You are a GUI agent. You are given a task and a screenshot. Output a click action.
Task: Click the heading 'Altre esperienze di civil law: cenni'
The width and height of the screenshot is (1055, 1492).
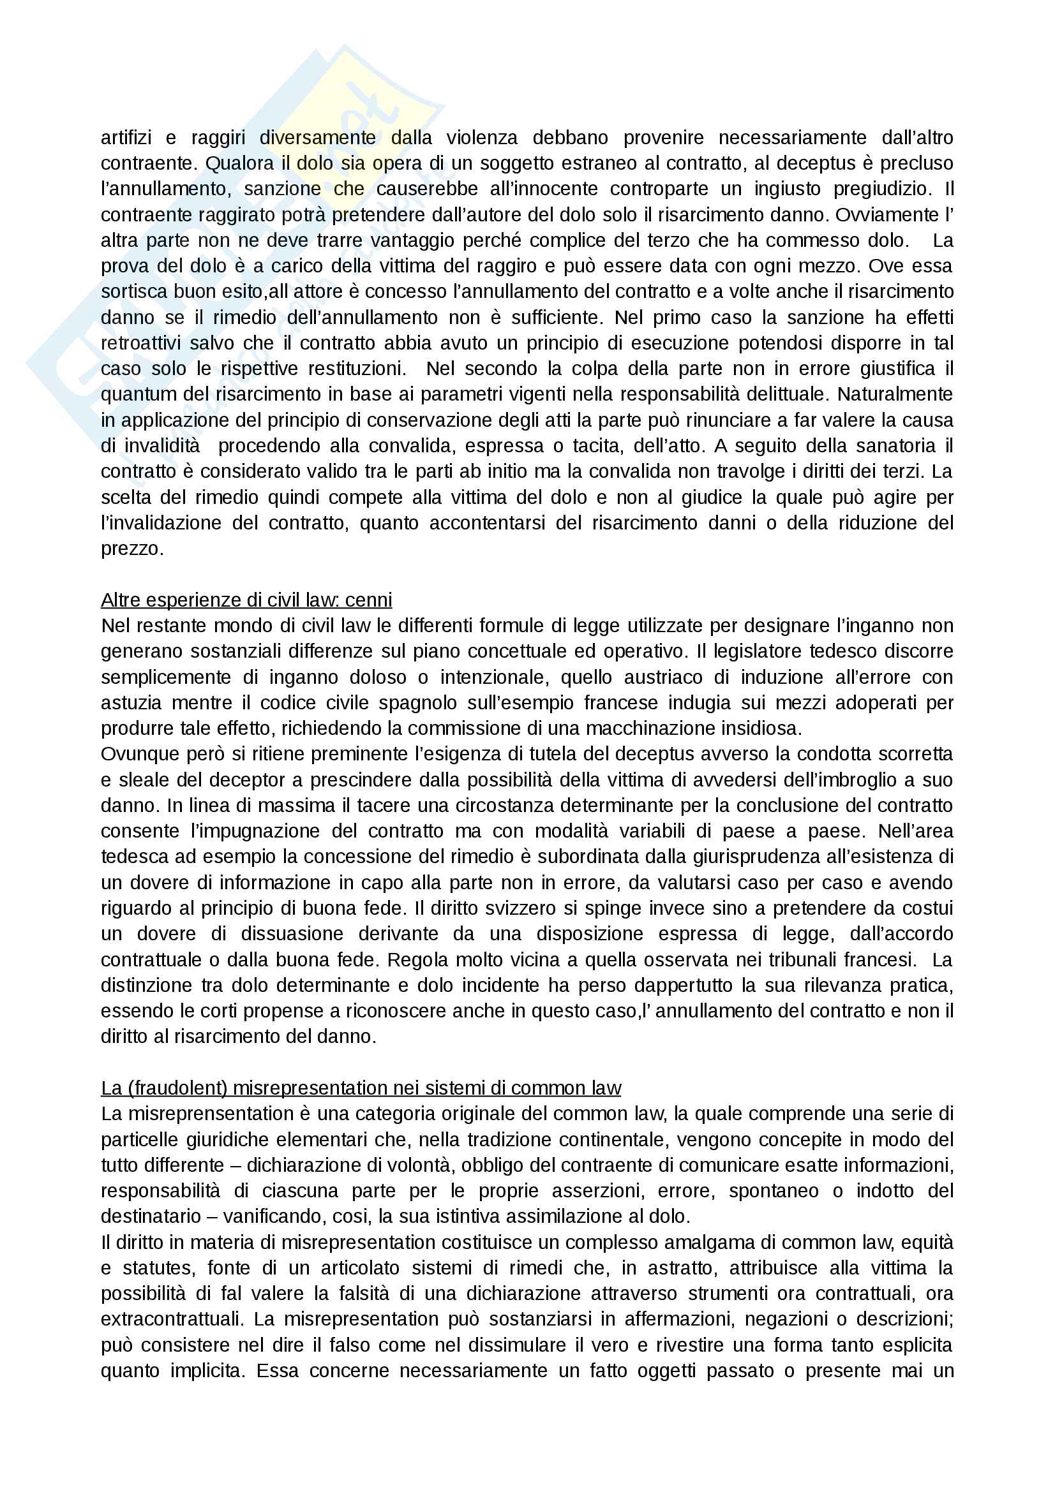click(x=246, y=600)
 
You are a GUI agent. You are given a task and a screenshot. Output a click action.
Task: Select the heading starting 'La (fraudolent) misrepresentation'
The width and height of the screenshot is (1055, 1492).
click(x=361, y=1088)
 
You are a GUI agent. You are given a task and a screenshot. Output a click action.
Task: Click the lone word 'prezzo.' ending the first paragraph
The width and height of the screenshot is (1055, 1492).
click(x=132, y=549)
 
